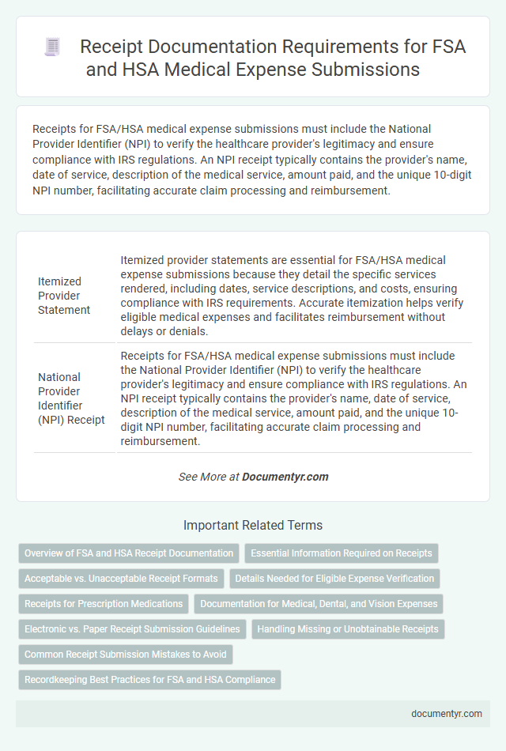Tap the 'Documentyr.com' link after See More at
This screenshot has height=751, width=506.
(x=285, y=477)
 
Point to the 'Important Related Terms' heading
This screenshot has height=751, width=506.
(x=252, y=525)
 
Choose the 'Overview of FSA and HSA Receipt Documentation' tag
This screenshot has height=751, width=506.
(x=129, y=553)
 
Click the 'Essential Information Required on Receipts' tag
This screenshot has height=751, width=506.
(x=342, y=553)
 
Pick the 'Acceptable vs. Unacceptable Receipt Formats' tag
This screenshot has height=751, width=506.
(x=121, y=579)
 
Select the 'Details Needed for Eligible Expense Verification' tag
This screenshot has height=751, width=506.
(x=335, y=579)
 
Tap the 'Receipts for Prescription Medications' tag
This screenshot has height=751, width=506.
(x=104, y=604)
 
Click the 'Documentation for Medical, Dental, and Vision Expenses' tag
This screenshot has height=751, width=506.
(x=319, y=604)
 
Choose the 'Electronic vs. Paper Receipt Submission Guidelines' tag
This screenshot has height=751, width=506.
(x=132, y=629)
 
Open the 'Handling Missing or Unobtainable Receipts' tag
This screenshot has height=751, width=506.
(x=348, y=629)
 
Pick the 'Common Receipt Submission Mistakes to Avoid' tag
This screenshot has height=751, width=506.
(x=125, y=655)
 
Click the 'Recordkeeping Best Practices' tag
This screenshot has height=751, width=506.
(x=149, y=680)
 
